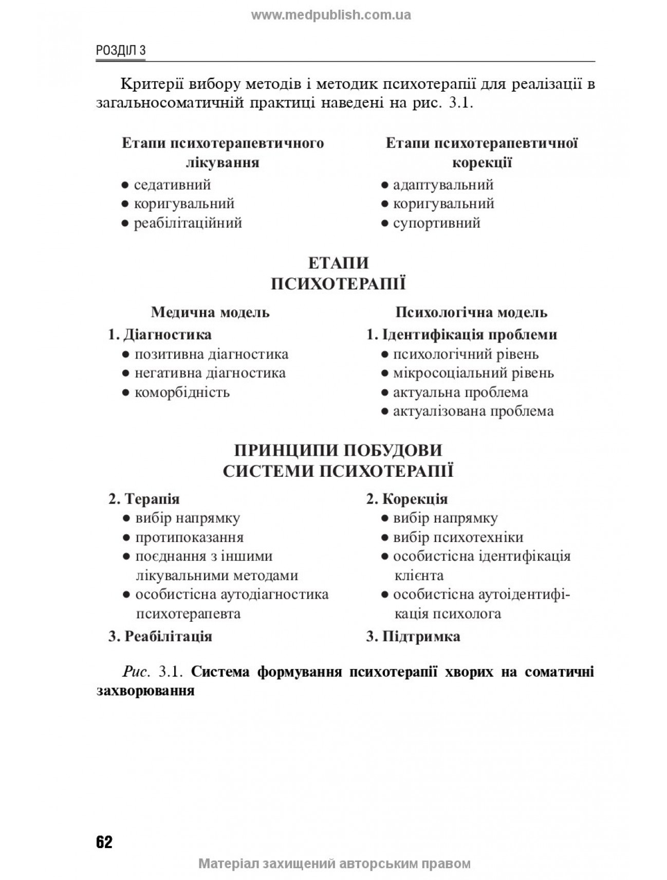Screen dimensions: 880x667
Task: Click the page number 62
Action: point(104,842)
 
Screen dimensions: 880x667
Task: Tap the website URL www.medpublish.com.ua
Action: point(331,15)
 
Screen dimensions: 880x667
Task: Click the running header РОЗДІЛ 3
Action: point(121,50)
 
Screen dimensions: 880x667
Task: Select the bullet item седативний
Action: point(172,185)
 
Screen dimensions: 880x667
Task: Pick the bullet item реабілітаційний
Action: point(188,223)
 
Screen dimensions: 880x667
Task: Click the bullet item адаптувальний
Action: point(442,185)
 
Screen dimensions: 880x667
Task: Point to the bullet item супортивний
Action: point(436,223)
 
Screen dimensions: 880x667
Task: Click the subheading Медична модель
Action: point(210,312)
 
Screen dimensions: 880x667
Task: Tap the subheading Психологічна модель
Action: point(471,312)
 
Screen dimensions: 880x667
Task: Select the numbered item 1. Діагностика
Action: point(160,335)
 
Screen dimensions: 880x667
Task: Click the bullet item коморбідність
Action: point(182,393)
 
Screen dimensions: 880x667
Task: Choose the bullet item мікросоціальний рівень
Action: point(473,373)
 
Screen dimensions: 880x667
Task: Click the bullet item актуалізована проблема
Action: point(473,411)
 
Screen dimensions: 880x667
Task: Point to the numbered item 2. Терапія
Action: point(144,499)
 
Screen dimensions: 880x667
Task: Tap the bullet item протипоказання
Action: point(189,537)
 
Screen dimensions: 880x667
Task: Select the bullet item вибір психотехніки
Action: point(457,537)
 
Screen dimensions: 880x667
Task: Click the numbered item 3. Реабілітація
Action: point(160,637)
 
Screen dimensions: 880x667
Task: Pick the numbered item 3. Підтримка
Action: point(413,637)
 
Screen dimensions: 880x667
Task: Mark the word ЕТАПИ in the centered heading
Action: point(338,263)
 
